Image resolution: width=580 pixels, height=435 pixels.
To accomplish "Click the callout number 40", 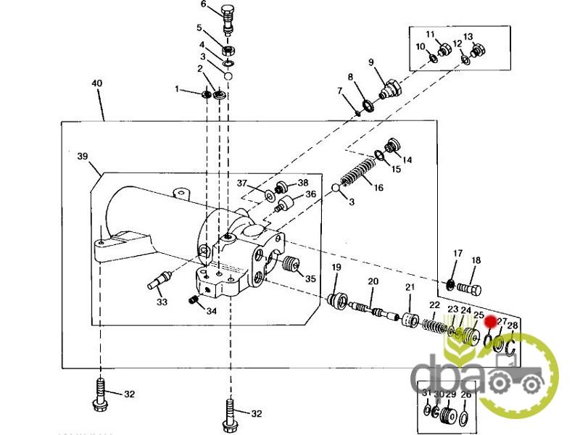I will tap(97, 83).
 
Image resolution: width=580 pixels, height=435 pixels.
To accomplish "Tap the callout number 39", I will tap(82, 156).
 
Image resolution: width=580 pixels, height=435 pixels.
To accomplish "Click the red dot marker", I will tap(490, 320).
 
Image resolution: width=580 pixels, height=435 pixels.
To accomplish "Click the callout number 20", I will tap(373, 281).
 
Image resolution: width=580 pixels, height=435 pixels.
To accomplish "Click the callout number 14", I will tap(407, 159).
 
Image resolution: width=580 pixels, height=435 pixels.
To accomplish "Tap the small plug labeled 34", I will tap(194, 300).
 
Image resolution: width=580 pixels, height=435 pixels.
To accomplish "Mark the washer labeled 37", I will tap(269, 194).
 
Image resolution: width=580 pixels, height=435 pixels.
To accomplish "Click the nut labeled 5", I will tap(228, 51).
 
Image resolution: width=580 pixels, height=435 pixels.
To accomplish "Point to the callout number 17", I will tap(457, 254).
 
